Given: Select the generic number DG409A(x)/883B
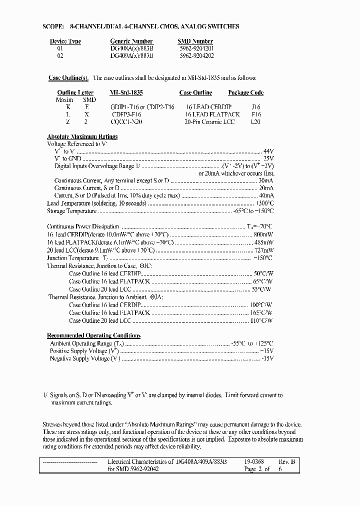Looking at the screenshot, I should click(128, 55).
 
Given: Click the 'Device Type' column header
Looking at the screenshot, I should click(65, 41).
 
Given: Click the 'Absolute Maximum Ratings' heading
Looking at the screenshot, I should click(82, 136).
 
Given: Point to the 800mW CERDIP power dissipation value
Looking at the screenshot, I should click(263, 234).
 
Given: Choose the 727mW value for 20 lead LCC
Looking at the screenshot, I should click(263, 249).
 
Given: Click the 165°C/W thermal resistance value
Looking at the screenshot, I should click(260, 312).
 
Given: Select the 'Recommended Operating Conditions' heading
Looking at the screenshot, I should click(93, 335).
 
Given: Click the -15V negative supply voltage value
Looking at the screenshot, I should click(267, 358).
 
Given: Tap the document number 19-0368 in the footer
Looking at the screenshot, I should click(254, 462).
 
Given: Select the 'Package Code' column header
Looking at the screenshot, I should click(245, 92).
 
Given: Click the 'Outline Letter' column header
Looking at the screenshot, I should click(75, 92).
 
